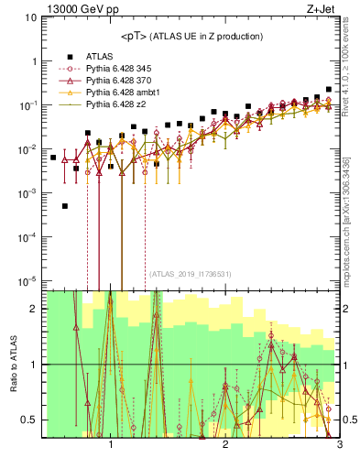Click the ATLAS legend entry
[99, 56]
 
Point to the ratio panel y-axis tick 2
[34, 309]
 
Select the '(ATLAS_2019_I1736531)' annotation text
[191, 274]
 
